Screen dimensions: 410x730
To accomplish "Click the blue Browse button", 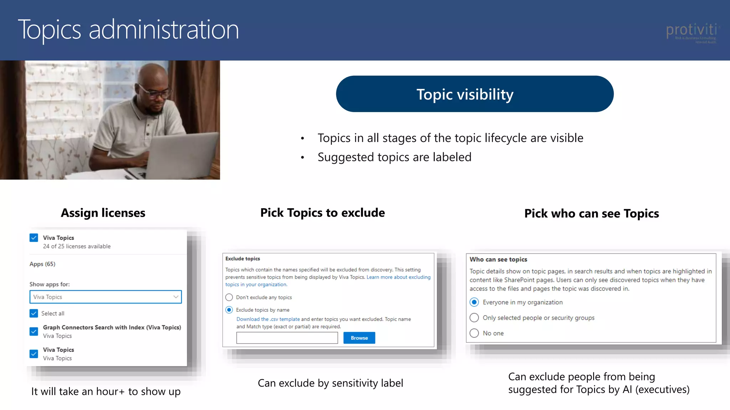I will tap(359, 338).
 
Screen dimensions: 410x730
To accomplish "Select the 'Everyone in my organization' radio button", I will tap(474, 302).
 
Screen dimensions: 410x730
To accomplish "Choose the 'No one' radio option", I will tap(474, 333).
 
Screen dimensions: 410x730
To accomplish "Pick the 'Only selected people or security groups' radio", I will tap(474, 317).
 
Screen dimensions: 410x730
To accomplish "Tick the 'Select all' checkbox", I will tap(34, 313).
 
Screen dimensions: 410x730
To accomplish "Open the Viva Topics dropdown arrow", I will tap(176, 297).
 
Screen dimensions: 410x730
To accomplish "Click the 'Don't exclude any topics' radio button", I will tap(229, 297).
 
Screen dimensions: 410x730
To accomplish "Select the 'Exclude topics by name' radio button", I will tap(229, 310).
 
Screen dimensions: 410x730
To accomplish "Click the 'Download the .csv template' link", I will tap(268, 319).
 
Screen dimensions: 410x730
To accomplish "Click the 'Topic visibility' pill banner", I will tap(474, 94).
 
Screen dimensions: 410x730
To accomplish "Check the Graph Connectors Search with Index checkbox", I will tap(34, 331).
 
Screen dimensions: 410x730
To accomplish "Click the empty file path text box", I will tap(287, 338).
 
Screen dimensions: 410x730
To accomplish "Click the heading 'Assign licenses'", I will tap(103, 213).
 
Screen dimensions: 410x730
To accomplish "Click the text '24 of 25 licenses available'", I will tap(77, 246).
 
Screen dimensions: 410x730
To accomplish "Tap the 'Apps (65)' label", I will tap(42, 264).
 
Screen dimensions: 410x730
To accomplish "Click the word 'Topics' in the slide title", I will tap(50, 30).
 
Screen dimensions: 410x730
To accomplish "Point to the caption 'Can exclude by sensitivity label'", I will tap(330, 383).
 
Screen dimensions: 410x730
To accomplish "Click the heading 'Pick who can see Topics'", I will tap(591, 214).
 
